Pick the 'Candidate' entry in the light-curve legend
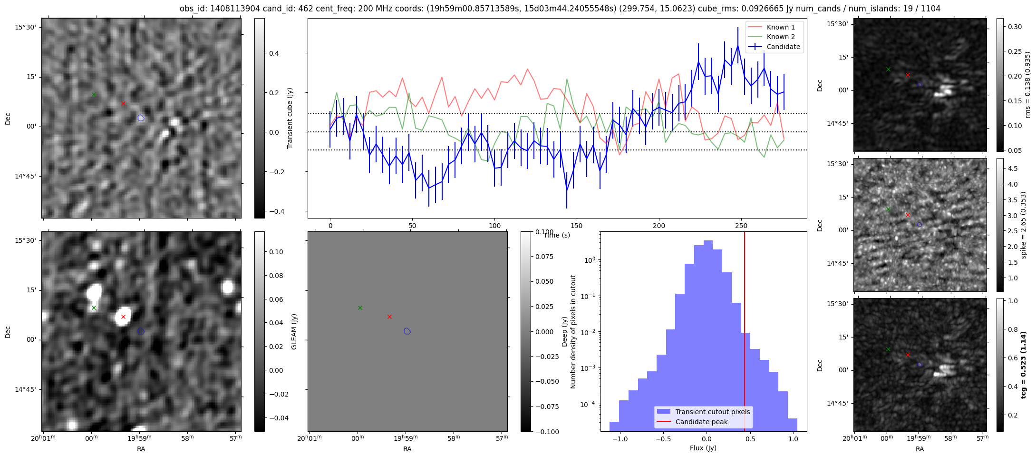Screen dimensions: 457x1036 (x=783, y=47)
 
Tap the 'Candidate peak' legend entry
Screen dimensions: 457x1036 (x=701, y=422)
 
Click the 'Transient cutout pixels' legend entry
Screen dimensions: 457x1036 (x=712, y=412)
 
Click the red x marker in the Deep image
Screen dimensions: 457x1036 (x=123, y=317)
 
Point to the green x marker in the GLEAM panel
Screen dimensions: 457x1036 (x=360, y=308)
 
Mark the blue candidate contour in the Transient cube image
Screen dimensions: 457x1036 (x=141, y=118)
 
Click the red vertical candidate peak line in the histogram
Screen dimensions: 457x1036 (x=745, y=333)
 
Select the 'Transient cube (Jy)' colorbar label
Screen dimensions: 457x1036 (x=290, y=118)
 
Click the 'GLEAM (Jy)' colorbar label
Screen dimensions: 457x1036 (x=294, y=331)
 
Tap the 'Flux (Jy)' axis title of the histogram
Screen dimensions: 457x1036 (x=703, y=448)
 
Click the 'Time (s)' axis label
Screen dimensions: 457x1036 (x=556, y=235)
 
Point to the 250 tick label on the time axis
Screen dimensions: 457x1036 (x=741, y=226)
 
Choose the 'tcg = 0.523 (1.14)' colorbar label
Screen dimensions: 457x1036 (x=1024, y=365)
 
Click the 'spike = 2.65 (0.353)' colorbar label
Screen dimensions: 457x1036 (x=1024, y=225)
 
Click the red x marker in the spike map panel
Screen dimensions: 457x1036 (x=908, y=215)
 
